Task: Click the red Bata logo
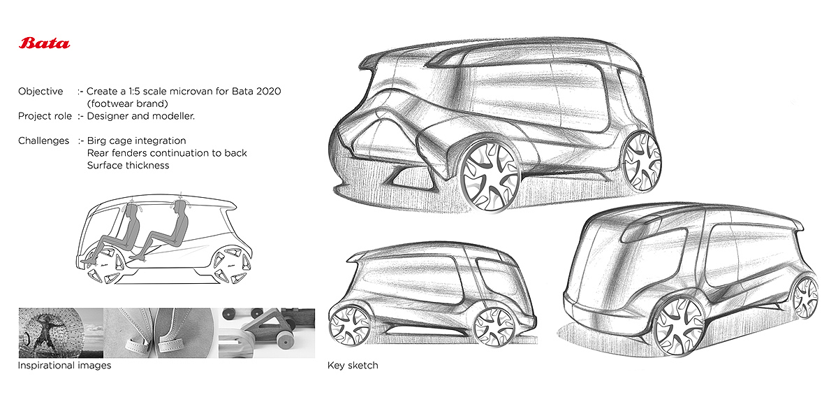(44, 44)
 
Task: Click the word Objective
(41, 92)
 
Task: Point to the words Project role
(45, 116)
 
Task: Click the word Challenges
(43, 141)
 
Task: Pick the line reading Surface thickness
(128, 166)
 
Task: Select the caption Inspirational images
(64, 365)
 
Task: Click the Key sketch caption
(353, 365)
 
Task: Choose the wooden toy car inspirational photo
(267, 333)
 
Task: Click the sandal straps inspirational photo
(161, 333)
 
